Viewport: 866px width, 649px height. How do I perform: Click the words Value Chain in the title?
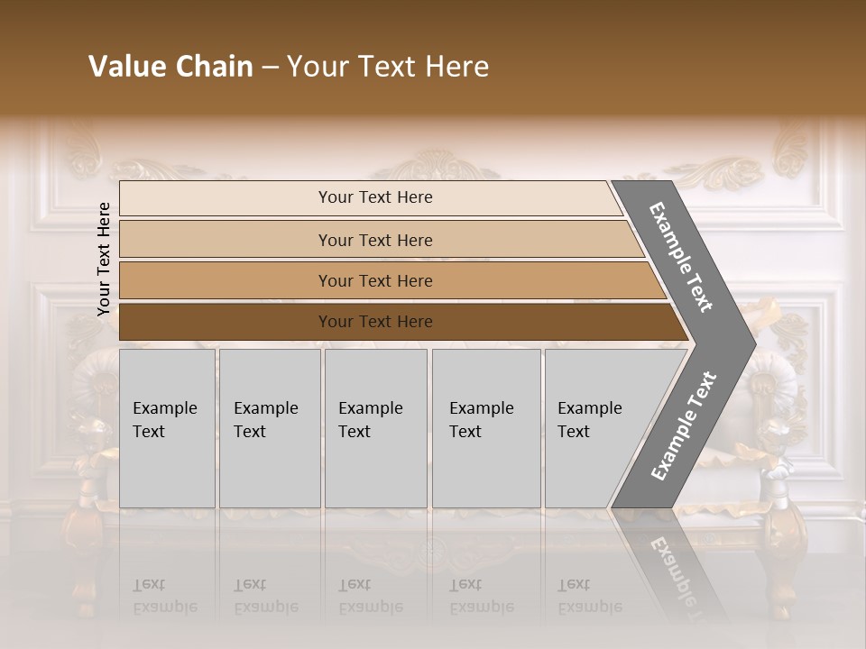pyautogui.click(x=170, y=67)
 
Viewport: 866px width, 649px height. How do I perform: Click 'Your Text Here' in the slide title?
pyautogui.click(x=388, y=67)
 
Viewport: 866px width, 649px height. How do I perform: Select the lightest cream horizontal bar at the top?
pyautogui.click(x=226, y=198)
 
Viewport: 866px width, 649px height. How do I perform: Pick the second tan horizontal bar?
pyautogui.click(x=226, y=240)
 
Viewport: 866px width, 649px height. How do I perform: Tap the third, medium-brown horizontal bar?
pyautogui.click(x=226, y=280)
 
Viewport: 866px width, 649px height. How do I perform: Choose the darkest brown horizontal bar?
pyautogui.click(x=226, y=322)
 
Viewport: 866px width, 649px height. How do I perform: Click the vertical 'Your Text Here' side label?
pyautogui.click(x=104, y=259)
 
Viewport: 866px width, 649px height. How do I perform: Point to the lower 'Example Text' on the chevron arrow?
pyautogui.click(x=683, y=426)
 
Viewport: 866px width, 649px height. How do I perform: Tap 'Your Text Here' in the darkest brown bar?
pyautogui.click(x=375, y=322)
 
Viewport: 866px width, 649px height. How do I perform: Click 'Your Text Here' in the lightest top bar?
pyautogui.click(x=375, y=197)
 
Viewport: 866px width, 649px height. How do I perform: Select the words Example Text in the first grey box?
pyautogui.click(x=164, y=420)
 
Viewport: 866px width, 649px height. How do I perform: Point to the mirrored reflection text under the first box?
pyautogui.click(x=164, y=596)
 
